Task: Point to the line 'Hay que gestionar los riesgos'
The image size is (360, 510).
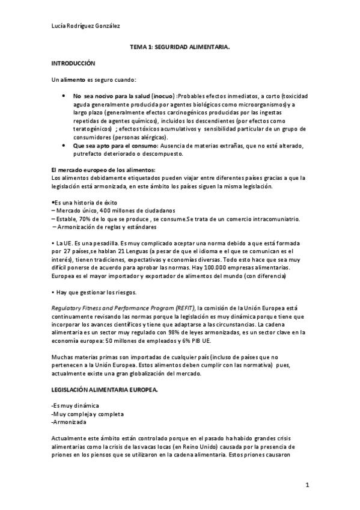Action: point(97,292)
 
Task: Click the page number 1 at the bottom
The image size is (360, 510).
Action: point(307,484)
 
